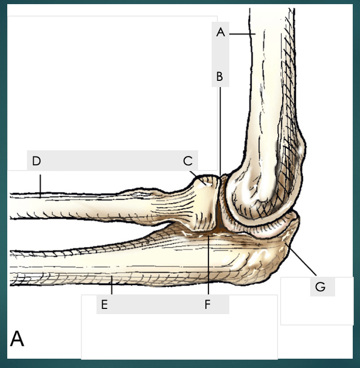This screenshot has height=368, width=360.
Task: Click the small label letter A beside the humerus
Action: (x=220, y=33)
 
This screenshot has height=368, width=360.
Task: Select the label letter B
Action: (x=219, y=77)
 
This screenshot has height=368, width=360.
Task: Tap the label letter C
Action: (x=188, y=161)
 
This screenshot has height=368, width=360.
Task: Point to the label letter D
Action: (x=36, y=161)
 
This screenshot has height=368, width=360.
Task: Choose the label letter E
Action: (x=104, y=305)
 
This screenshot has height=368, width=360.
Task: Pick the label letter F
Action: (x=207, y=305)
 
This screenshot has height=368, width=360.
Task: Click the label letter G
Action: (x=321, y=287)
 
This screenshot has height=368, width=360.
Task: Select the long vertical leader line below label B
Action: (x=219, y=130)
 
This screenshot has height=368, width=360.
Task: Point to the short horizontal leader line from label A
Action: (x=241, y=34)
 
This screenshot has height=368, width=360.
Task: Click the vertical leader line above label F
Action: (x=207, y=264)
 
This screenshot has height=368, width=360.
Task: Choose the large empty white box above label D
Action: (x=112, y=83)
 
